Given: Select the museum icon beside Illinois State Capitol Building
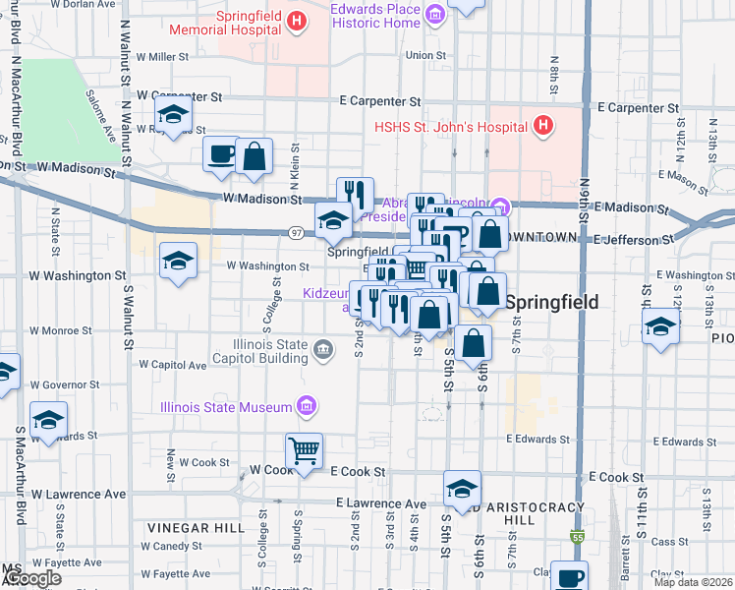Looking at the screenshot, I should click(x=321, y=349).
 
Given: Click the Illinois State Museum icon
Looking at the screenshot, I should click(x=306, y=406).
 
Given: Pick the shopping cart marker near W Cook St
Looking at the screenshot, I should click(x=304, y=451).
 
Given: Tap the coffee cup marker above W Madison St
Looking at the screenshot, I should click(x=219, y=154).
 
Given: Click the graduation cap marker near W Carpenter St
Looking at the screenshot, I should click(x=174, y=116).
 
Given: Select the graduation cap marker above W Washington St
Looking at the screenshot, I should click(x=178, y=261).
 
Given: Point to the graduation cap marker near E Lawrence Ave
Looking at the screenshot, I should click(x=461, y=488).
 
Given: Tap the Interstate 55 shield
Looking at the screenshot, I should click(x=576, y=538).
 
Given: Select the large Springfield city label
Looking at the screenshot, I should click(x=552, y=302).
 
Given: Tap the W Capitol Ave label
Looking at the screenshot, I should click(x=173, y=364).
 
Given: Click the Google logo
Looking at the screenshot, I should click(x=31, y=578).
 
